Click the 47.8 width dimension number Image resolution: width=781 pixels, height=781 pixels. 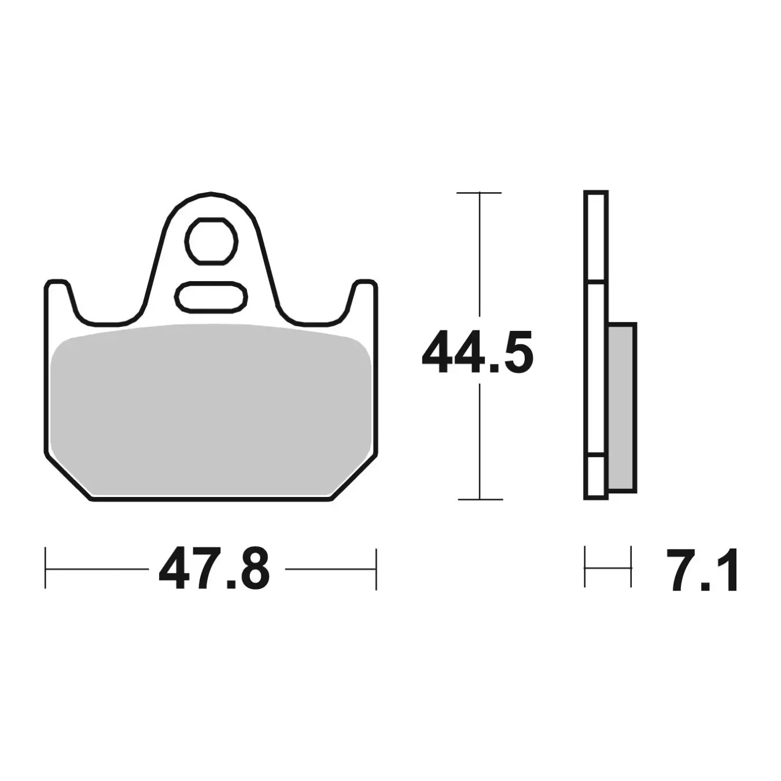click(x=214, y=569)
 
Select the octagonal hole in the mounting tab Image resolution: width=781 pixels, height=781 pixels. click(x=211, y=242)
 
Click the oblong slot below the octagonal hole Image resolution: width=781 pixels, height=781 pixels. click(x=211, y=298)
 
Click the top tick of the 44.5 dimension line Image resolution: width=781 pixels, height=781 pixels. click(x=480, y=193)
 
